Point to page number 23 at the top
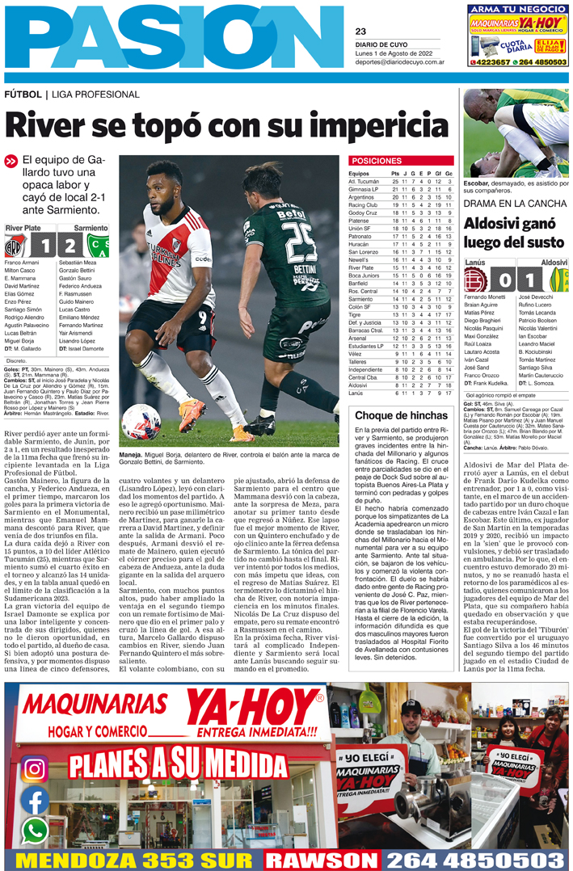pyautogui.click(x=360, y=32)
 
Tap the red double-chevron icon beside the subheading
pyautogui.click(x=11, y=161)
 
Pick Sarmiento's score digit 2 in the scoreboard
pyautogui.click(x=70, y=246)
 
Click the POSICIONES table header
pyautogui.click(x=377, y=161)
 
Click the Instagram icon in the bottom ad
pyautogui.click(x=34, y=768)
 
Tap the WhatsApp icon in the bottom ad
pyautogui.click(x=34, y=830)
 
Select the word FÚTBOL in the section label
pyautogui.click(x=23, y=95)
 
